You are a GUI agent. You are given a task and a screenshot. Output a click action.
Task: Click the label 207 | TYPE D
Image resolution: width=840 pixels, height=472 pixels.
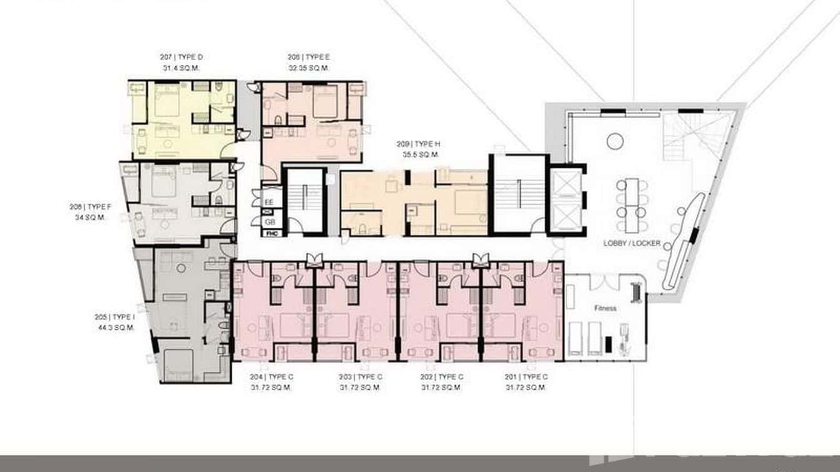click(181, 57)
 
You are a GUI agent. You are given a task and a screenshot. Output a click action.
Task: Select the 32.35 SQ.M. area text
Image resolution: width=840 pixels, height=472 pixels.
click(308, 68)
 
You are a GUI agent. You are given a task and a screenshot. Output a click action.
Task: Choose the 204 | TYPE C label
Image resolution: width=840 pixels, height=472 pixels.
click(271, 377)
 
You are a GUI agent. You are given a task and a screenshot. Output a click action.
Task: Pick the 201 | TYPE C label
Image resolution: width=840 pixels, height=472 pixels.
click(526, 377)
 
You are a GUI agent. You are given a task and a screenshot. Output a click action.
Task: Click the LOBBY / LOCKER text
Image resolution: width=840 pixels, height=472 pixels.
click(632, 243)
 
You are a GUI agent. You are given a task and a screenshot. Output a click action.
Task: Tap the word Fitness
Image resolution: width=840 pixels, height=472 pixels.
click(605, 308)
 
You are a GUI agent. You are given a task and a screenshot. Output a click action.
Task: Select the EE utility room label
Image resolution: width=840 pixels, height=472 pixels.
click(269, 202)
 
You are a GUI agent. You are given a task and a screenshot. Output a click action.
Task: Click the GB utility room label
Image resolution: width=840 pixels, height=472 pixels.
click(269, 222)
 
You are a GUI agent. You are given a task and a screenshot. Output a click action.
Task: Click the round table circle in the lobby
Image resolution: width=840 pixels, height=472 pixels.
click(615, 141)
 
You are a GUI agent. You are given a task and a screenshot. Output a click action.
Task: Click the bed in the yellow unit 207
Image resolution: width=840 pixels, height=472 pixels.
click(166, 102)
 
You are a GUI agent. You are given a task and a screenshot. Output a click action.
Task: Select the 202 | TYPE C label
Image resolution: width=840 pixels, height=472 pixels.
click(442, 377)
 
